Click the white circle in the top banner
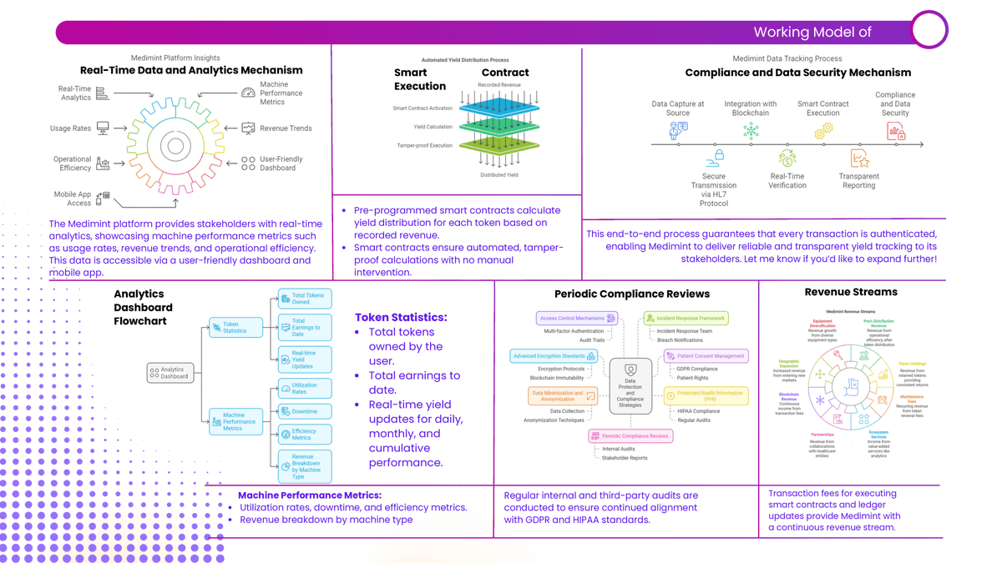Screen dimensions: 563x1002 pyautogui.click(x=929, y=30)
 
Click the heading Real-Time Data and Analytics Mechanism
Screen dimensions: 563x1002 pyautogui.click(x=191, y=70)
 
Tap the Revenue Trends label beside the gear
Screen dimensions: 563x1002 pyautogui.click(x=286, y=128)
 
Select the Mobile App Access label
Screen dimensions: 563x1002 pyautogui.click(x=73, y=199)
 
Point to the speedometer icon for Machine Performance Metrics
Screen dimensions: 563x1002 pyautogui.click(x=248, y=93)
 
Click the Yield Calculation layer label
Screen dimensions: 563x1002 pyautogui.click(x=433, y=127)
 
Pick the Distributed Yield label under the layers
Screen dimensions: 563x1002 pyautogui.click(x=498, y=175)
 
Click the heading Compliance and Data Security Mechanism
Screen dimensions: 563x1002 pyautogui.click(x=797, y=73)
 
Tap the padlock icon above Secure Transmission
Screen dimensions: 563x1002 pyautogui.click(x=716, y=157)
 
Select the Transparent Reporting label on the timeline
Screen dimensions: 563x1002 pyautogui.click(x=858, y=181)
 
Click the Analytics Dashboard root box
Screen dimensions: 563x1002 pyautogui.click(x=171, y=373)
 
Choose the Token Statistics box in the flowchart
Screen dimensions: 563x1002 pyautogui.click(x=235, y=327)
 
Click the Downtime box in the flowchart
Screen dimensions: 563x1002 pyautogui.click(x=305, y=411)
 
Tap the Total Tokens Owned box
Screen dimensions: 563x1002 pyautogui.click(x=305, y=299)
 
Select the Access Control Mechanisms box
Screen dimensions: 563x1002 pyautogui.click(x=576, y=318)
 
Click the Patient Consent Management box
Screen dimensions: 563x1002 pyautogui.click(x=706, y=356)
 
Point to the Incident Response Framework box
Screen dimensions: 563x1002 pyautogui.click(x=686, y=318)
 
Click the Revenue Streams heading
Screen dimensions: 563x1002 pyautogui.click(x=851, y=292)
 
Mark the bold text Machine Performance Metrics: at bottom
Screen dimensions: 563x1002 pyautogui.click(x=309, y=495)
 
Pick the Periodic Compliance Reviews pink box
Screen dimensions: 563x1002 pyautogui.click(x=630, y=435)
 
